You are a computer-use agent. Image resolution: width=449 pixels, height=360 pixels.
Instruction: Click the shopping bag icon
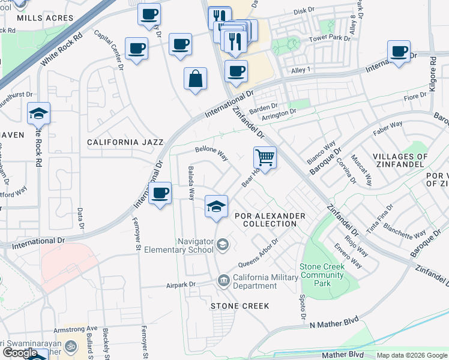[x=196, y=79]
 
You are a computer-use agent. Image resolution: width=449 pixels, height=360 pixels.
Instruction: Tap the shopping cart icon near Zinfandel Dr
[x=265, y=158]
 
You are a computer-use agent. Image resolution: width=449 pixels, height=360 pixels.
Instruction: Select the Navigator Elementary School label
[x=195, y=245]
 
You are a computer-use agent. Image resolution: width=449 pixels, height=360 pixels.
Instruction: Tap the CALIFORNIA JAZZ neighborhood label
[x=125, y=142]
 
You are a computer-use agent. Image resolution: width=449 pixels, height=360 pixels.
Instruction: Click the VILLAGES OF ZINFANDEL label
[x=409, y=161]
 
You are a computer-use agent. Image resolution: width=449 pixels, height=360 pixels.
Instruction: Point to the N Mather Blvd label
[x=334, y=323]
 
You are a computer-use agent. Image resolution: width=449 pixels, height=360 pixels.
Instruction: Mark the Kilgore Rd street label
[x=432, y=74]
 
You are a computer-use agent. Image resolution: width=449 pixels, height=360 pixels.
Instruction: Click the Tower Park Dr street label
[x=329, y=38]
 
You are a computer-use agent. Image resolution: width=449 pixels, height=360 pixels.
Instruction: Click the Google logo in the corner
[x=19, y=352]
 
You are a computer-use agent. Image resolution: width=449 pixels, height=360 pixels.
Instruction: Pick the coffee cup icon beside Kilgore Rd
[x=399, y=52]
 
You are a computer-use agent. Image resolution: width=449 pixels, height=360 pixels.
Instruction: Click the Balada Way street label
[x=191, y=182]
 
